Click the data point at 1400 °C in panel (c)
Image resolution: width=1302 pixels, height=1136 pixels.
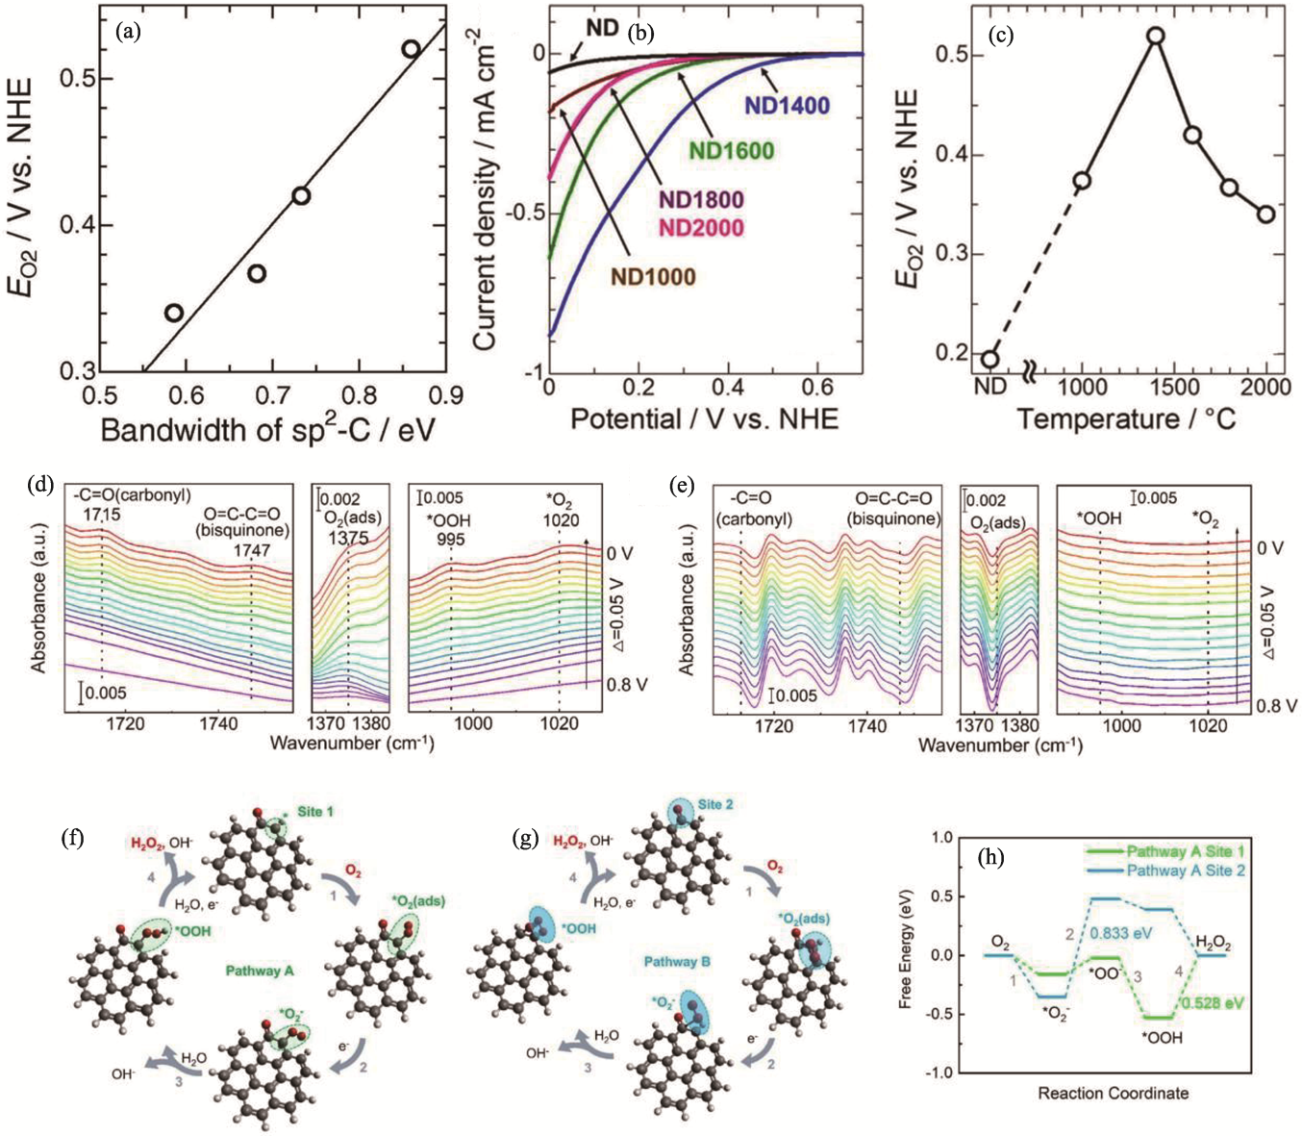1156,37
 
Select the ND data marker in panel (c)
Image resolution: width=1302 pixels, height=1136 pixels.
990,360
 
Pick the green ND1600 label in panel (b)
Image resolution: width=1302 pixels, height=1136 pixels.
732,150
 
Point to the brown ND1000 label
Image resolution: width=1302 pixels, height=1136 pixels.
653,277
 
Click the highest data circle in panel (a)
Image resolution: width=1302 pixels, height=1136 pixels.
411,49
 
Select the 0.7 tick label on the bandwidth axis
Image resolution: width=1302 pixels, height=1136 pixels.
271,394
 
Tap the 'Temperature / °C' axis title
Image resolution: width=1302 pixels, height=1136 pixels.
1126,419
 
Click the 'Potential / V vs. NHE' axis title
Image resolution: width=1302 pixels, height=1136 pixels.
705,419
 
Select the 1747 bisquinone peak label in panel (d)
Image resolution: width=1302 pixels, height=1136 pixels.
252,550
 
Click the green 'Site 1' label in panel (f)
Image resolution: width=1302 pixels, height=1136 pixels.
314,812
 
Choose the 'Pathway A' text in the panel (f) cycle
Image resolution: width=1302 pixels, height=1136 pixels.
260,971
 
